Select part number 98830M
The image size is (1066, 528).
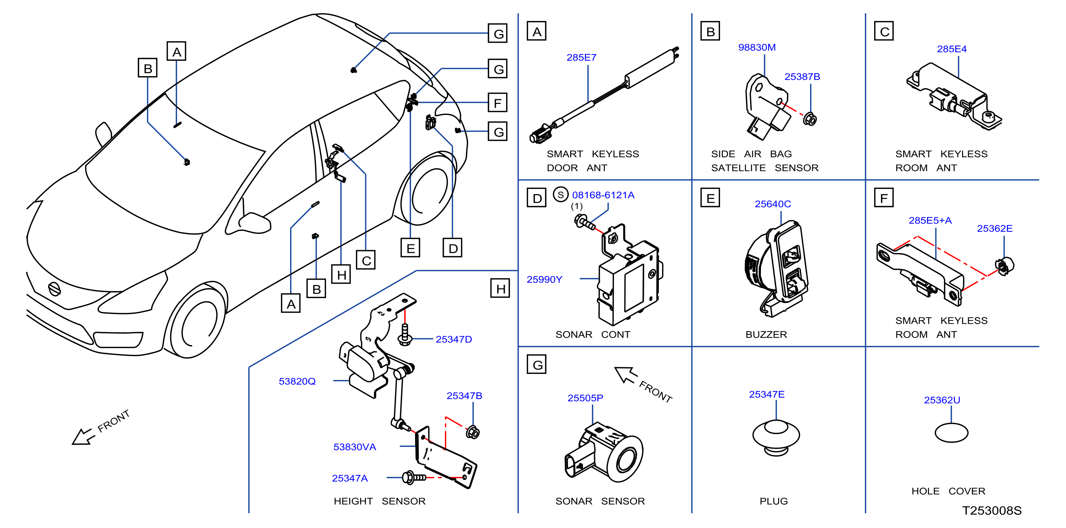pyautogui.click(x=756, y=48)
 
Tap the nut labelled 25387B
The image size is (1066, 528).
pyautogui.click(x=809, y=119)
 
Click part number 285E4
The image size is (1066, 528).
pyautogui.click(x=951, y=49)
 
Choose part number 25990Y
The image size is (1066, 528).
pyautogui.click(x=544, y=280)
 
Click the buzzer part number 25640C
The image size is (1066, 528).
pyautogui.click(x=773, y=204)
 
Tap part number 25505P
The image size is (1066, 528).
pyautogui.click(x=585, y=398)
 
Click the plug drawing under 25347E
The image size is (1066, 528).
pyautogui.click(x=776, y=437)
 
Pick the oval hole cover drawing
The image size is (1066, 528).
pyautogui.click(x=951, y=433)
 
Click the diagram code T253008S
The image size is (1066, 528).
pyautogui.click(x=992, y=511)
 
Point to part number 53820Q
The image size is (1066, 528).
pyautogui.click(x=297, y=381)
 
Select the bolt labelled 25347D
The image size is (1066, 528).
pyautogui.click(x=405, y=334)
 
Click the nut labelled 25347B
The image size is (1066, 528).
pyautogui.click(x=473, y=432)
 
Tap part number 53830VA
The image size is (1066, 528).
pyautogui.click(x=355, y=447)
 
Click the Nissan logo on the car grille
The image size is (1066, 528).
pyautogui.click(x=54, y=289)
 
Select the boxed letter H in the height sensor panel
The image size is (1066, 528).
pyautogui.click(x=500, y=289)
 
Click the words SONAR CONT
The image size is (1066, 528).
pyautogui.click(x=593, y=334)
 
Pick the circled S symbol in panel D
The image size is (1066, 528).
pyautogui.click(x=560, y=195)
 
